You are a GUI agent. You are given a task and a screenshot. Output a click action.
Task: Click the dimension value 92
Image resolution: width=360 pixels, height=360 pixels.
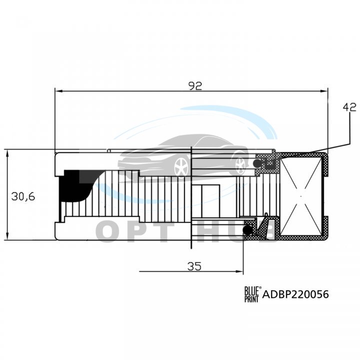click(195, 85)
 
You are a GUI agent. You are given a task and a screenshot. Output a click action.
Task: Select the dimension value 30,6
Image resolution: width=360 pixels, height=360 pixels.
click(23, 196)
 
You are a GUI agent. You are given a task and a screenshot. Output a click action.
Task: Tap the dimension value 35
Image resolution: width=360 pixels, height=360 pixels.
click(194, 266)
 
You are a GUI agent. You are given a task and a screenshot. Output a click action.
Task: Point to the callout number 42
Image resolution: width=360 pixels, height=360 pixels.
click(349, 107)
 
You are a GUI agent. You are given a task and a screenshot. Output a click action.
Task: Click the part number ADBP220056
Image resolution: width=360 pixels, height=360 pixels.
click(295, 294)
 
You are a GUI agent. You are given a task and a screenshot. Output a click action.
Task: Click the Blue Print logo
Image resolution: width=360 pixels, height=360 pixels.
click(251, 294)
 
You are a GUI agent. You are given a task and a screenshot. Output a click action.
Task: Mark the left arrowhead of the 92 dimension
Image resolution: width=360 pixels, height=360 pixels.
click(59, 91)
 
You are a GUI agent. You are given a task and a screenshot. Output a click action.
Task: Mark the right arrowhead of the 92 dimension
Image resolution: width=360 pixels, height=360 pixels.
click(324, 91)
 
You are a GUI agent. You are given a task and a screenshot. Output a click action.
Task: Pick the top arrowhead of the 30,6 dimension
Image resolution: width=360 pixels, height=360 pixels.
click(7, 154)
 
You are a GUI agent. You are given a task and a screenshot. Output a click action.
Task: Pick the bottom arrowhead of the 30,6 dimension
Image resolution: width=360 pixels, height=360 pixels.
click(7, 236)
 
